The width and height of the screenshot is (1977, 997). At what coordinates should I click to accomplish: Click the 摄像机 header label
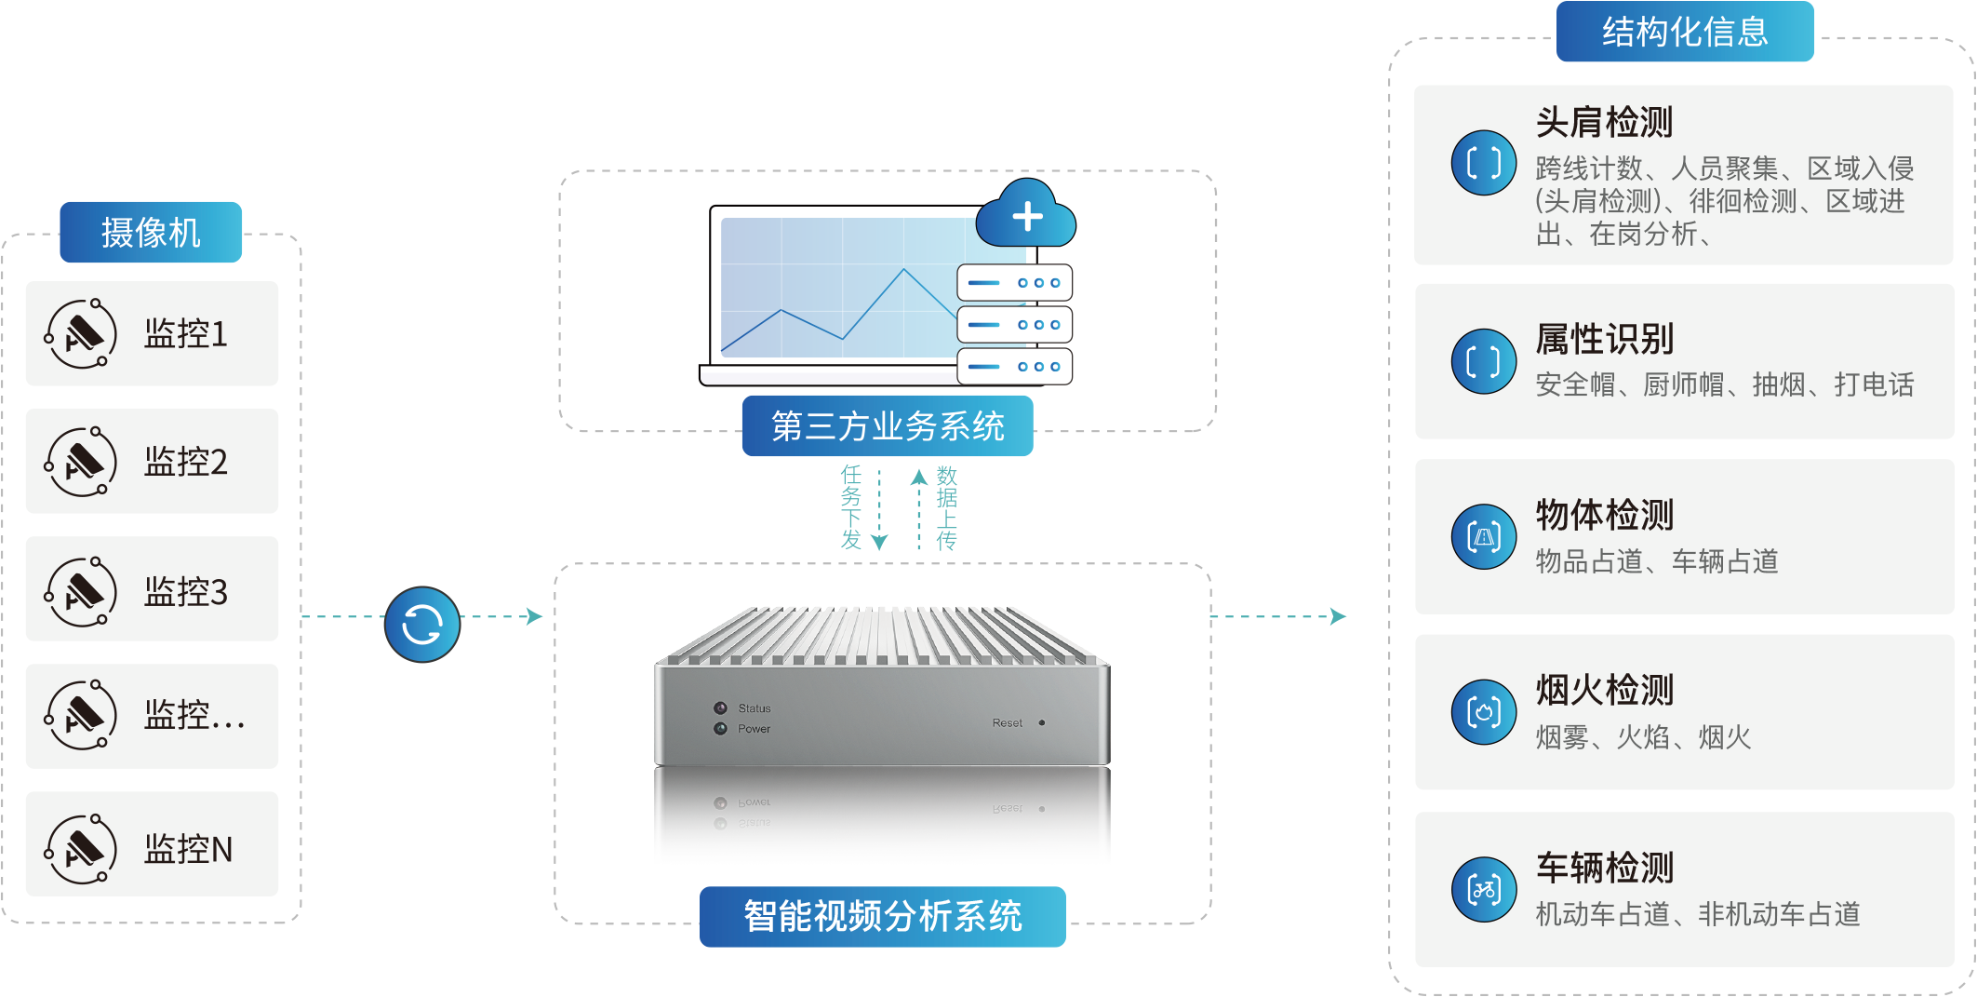pyautogui.click(x=151, y=233)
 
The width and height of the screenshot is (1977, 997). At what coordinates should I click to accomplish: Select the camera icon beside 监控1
pyautogui.click(x=82, y=334)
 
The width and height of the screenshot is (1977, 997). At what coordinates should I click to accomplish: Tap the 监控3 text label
pyautogui.click(x=186, y=592)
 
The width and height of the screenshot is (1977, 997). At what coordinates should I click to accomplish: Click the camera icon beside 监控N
pyautogui.click(x=82, y=848)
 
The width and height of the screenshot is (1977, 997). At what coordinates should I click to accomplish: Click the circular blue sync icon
pyautogui.click(x=422, y=625)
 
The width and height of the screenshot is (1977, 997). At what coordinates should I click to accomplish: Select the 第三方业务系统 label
pyautogui.click(x=888, y=426)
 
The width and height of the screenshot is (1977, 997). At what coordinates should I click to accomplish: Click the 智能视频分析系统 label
pyautogui.click(x=882, y=917)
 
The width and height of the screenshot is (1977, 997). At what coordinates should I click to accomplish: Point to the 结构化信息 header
pyautogui.click(x=1685, y=33)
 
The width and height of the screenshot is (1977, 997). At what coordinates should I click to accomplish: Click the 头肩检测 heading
pyautogui.click(x=1604, y=122)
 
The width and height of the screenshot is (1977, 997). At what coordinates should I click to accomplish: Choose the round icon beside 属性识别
pyautogui.click(x=1484, y=361)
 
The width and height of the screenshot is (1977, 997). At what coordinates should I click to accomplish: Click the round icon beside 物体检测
pyautogui.click(x=1484, y=537)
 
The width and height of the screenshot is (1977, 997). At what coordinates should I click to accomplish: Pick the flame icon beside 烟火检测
pyautogui.click(x=1484, y=712)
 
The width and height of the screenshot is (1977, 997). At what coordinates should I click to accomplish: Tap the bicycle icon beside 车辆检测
pyautogui.click(x=1484, y=890)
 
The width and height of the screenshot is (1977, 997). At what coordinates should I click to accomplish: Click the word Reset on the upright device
pyautogui.click(x=1007, y=723)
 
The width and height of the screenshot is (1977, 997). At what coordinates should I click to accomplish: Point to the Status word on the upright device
pyautogui.click(x=755, y=708)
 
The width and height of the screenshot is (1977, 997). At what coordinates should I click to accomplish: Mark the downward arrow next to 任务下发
pyautogui.click(x=879, y=540)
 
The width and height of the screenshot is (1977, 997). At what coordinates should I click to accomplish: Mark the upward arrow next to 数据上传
pyautogui.click(x=919, y=478)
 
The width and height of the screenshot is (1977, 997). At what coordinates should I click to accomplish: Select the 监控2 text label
pyautogui.click(x=186, y=463)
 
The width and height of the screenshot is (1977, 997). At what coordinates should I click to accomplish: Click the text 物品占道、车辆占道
pyautogui.click(x=1657, y=561)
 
